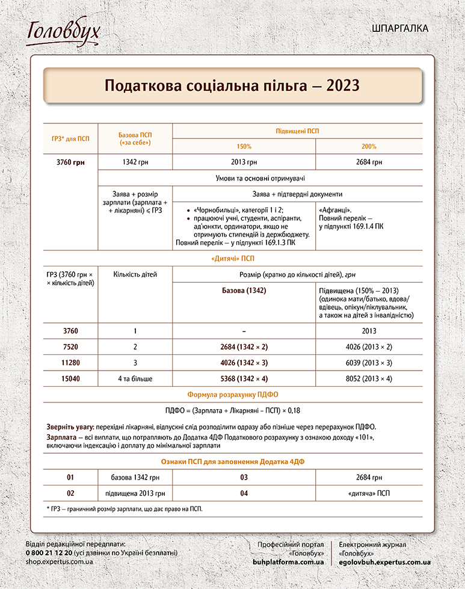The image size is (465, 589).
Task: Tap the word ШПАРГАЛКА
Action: click(400, 28)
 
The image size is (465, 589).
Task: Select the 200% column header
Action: click(369, 147)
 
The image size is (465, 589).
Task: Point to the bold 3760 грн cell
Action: click(70, 162)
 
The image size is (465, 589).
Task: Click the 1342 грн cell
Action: click(135, 162)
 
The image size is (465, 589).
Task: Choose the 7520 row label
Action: click(70, 347)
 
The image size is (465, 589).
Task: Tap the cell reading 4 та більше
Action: click(135, 380)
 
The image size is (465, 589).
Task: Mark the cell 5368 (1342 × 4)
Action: click(244, 380)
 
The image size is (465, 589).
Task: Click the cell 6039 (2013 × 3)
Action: click(369, 363)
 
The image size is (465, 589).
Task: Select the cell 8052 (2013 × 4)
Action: click(369, 380)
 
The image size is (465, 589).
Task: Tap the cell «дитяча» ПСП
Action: click(369, 493)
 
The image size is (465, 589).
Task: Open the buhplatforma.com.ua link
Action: click(288, 561)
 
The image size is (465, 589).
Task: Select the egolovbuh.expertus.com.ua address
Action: click(384, 561)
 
